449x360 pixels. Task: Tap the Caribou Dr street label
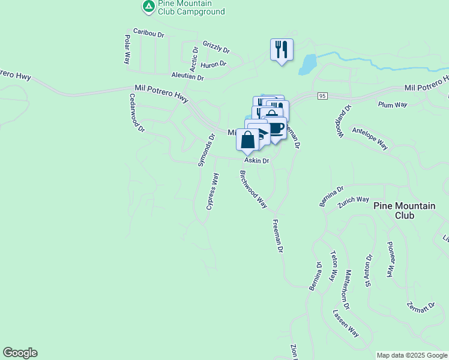click(x=148, y=34)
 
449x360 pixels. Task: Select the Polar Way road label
click(x=127, y=50)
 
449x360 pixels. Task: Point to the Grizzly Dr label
click(x=216, y=47)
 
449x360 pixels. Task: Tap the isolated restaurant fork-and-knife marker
click(x=282, y=49)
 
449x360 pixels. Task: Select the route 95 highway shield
click(x=323, y=96)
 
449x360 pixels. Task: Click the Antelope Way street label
click(x=370, y=139)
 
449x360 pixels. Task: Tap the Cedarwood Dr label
click(x=137, y=112)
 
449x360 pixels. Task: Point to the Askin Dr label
click(x=256, y=161)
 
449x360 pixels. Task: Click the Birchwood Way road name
click(x=253, y=189)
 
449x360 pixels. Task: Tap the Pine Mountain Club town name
click(x=404, y=211)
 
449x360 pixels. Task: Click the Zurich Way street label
click(x=353, y=199)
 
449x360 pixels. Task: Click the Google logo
click(x=20, y=353)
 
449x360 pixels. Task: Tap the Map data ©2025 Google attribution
click(x=412, y=355)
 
